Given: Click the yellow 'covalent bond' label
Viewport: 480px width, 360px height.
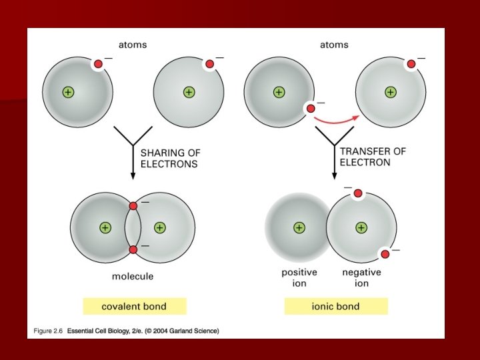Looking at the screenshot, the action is pyautogui.click(x=134, y=307).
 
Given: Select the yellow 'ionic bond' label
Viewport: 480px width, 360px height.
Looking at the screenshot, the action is pyautogui.click(x=336, y=307).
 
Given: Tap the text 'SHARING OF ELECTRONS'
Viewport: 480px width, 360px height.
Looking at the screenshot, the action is pyautogui.click(x=170, y=158).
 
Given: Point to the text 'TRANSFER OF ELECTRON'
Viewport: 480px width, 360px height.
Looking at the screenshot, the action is pyautogui.click(x=372, y=157).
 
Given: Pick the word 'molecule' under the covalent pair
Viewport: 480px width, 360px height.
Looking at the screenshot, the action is pyautogui.click(x=133, y=276).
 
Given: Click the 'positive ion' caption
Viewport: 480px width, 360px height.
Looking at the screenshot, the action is pyautogui.click(x=299, y=277).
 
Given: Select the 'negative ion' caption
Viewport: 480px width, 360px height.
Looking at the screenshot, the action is pyautogui.click(x=361, y=277).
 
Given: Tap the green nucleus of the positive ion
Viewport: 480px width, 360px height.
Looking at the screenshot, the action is pyautogui.click(x=299, y=227).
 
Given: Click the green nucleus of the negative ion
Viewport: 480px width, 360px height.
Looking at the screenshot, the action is pyautogui.click(x=361, y=227).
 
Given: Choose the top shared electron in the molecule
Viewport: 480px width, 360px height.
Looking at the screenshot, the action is pyautogui.click(x=133, y=205).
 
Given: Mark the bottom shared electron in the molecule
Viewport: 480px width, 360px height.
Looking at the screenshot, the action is pyautogui.click(x=133, y=249).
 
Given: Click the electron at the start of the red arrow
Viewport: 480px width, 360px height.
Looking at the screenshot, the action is pyautogui.click(x=310, y=108).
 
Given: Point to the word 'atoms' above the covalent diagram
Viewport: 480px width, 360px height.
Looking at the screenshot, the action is pyautogui.click(x=133, y=45).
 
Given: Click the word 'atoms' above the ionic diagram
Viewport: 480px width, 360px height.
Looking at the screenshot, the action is pyautogui.click(x=334, y=45).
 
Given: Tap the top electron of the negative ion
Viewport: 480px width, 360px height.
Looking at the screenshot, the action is pyautogui.click(x=357, y=193).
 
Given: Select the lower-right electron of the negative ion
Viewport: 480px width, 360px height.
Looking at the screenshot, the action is pyautogui.click(x=385, y=253).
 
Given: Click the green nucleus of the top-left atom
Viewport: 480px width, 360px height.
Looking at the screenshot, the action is pyautogui.click(x=67, y=92).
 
